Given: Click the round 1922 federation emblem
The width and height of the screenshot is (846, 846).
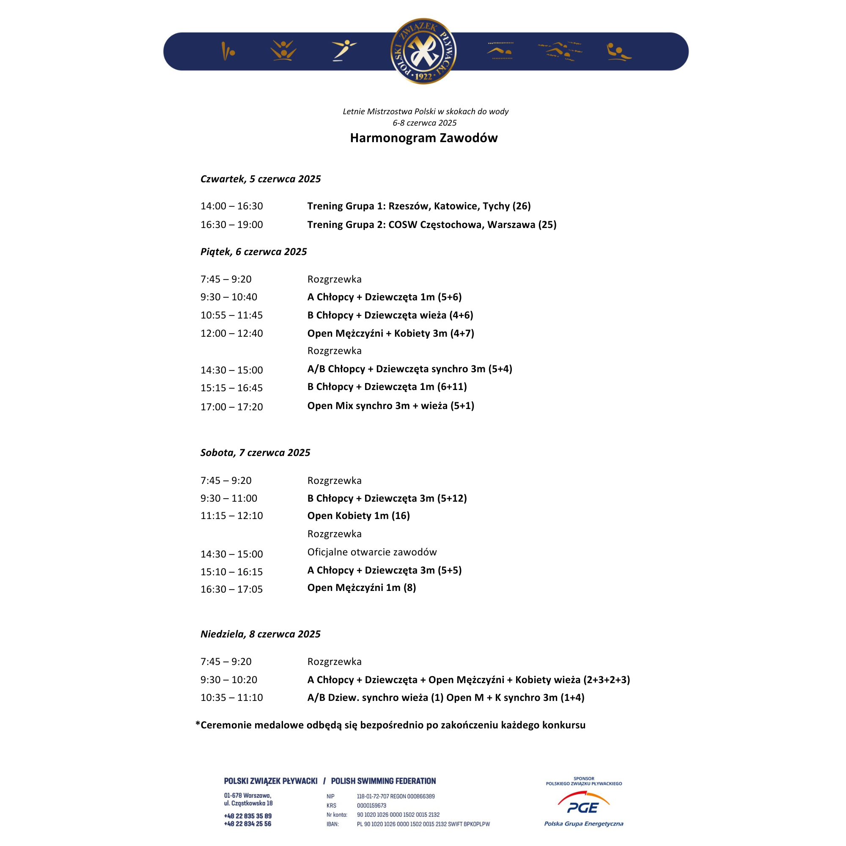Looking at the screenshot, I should (x=423, y=51).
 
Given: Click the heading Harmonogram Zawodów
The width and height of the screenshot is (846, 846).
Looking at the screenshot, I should (x=423, y=138).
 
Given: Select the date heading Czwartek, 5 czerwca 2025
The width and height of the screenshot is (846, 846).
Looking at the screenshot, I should (x=261, y=179).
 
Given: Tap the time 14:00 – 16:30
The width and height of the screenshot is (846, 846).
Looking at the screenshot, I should (x=232, y=206).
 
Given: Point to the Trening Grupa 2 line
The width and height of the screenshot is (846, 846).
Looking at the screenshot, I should (x=432, y=225).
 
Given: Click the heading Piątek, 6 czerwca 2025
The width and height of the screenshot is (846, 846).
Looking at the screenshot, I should (x=253, y=252).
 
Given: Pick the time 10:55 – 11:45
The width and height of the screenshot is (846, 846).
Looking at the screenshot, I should (x=232, y=315).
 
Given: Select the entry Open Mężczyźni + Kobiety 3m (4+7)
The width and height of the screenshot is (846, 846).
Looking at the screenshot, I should (x=390, y=333).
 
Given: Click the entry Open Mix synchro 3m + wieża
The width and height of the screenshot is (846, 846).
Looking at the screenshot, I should (x=390, y=406).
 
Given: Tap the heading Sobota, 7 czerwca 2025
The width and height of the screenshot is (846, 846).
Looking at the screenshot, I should (x=255, y=453).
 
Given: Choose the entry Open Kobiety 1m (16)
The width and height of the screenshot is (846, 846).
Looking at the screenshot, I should (x=359, y=516).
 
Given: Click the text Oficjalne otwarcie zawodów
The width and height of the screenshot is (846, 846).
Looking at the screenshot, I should (x=372, y=552).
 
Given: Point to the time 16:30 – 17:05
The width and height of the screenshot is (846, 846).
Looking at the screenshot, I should (x=232, y=589).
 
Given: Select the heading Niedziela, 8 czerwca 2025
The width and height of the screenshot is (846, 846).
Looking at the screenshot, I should (x=261, y=634).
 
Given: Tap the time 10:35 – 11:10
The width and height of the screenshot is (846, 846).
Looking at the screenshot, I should (x=232, y=698).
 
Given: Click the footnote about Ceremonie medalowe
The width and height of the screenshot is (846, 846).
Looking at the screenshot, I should (x=390, y=725).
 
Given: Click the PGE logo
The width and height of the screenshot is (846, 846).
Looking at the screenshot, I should (x=584, y=807).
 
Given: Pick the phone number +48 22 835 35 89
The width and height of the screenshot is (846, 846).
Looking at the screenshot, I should (x=248, y=816).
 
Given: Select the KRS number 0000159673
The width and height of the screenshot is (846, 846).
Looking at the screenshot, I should (x=372, y=806).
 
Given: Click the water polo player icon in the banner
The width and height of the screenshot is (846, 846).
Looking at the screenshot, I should (x=618, y=52).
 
